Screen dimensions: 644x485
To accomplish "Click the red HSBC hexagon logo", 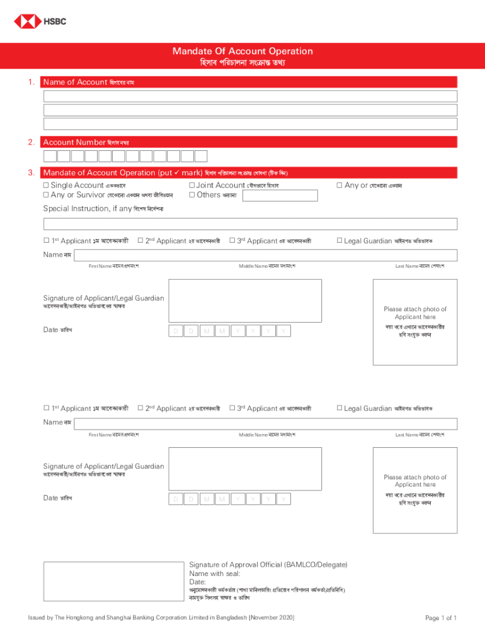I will point(26,21).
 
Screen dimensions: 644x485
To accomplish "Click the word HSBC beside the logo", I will point(54,21).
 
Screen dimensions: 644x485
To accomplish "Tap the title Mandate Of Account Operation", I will point(243,52).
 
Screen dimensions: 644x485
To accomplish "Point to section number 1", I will point(31,82).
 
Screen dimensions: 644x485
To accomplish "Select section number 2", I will point(31,142).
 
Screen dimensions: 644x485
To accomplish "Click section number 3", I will point(31,172).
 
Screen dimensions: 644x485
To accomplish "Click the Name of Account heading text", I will point(74,82).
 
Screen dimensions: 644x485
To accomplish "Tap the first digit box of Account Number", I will point(50,157).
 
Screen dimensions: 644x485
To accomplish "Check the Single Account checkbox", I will point(46,186).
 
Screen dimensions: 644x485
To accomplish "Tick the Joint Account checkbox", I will point(192,186).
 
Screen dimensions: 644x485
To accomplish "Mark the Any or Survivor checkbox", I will point(46,195).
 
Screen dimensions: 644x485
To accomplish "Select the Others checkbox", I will point(192,195).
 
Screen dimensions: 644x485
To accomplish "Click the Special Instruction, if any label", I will point(87,209).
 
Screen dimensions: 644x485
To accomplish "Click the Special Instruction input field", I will point(250,224).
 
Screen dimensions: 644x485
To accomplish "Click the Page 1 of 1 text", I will point(440,618).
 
